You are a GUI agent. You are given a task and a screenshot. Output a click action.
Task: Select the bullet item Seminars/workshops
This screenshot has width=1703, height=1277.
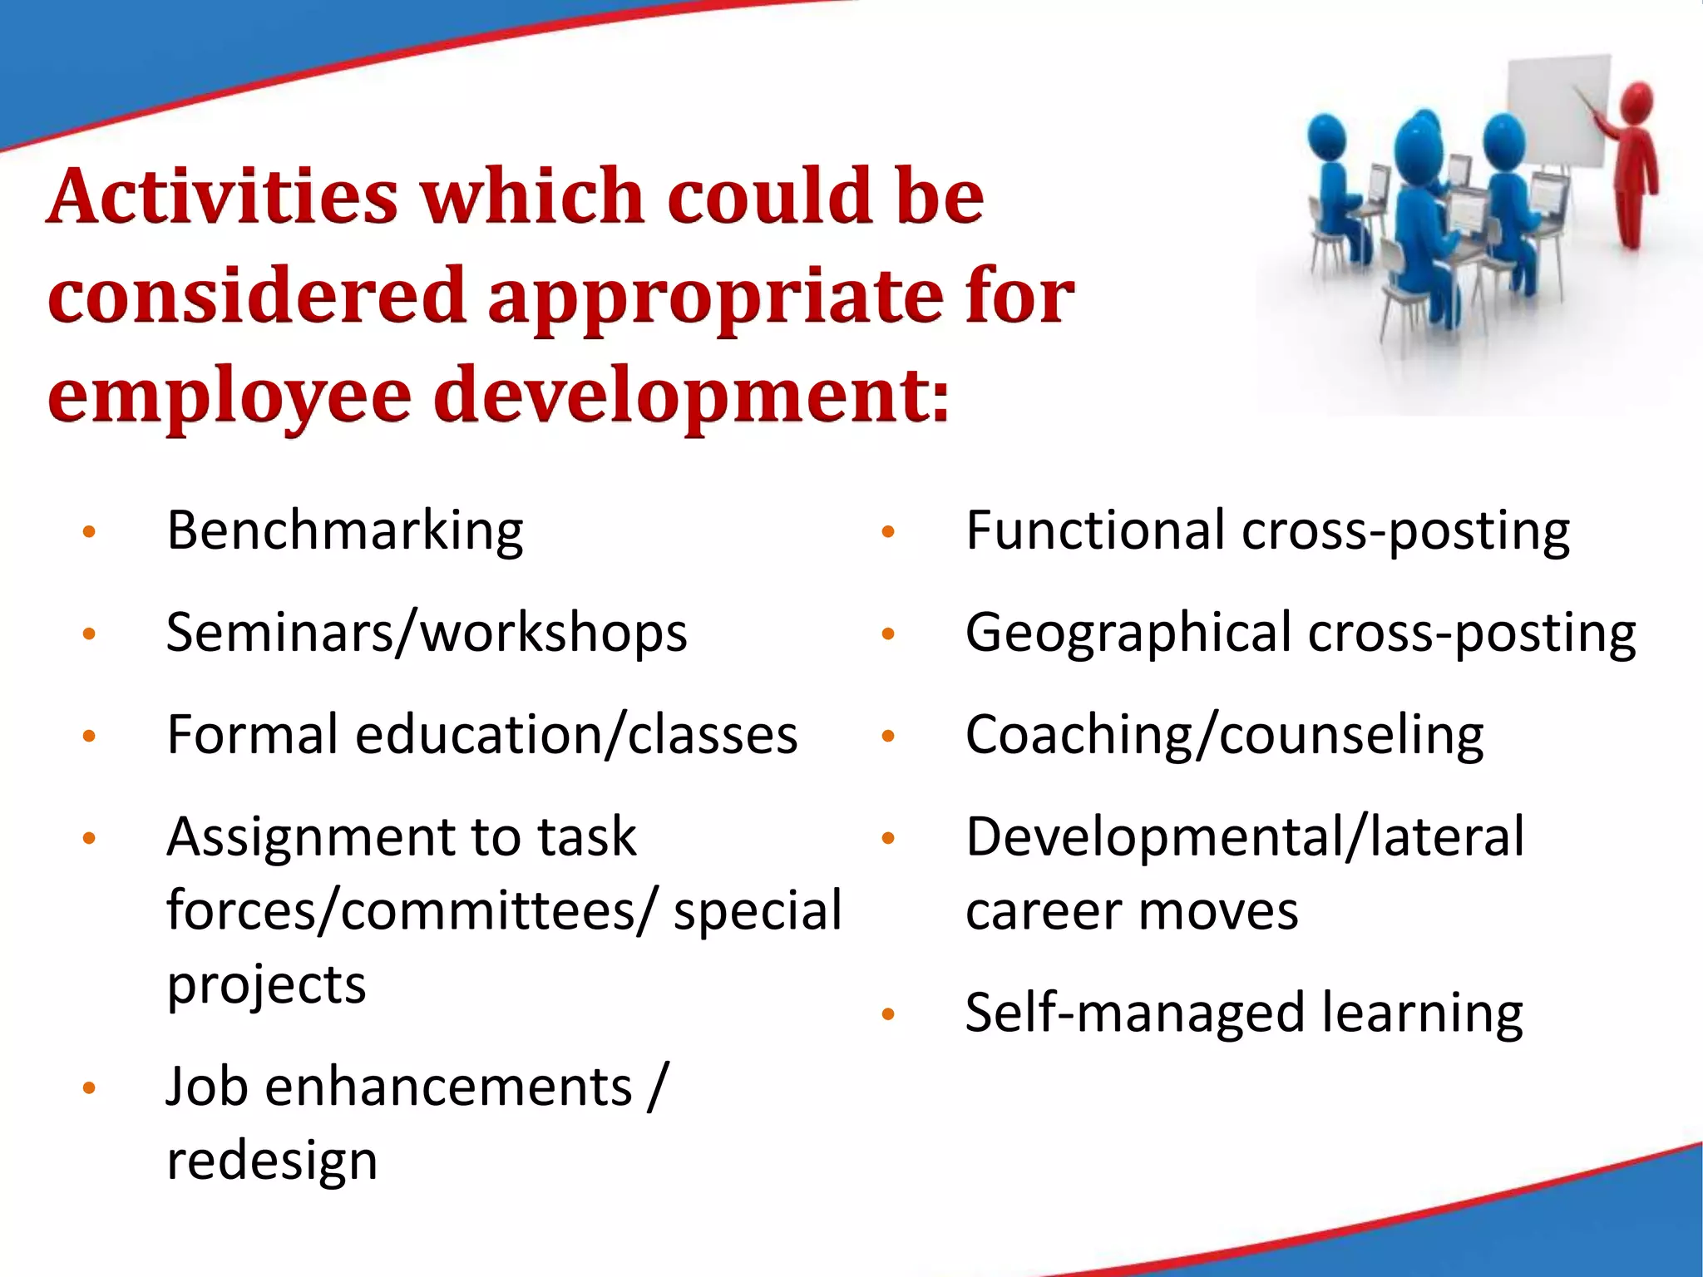pos(426,633)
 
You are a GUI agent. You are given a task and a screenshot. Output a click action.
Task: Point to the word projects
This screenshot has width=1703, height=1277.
pos(266,985)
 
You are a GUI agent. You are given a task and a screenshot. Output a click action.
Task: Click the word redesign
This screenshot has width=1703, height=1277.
pos(272,1161)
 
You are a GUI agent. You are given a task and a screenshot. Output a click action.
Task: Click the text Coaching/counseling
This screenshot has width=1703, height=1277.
pos(1223,735)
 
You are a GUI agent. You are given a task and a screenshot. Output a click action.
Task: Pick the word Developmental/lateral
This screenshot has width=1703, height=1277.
pos(1244,837)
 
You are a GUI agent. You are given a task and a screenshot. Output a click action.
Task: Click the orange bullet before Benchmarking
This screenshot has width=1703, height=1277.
pos(90,532)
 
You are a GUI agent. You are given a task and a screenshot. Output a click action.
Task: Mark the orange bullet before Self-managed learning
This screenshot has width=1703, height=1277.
pos(888,1014)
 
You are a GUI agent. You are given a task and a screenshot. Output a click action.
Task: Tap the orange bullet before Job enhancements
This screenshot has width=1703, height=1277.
pos(90,1088)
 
